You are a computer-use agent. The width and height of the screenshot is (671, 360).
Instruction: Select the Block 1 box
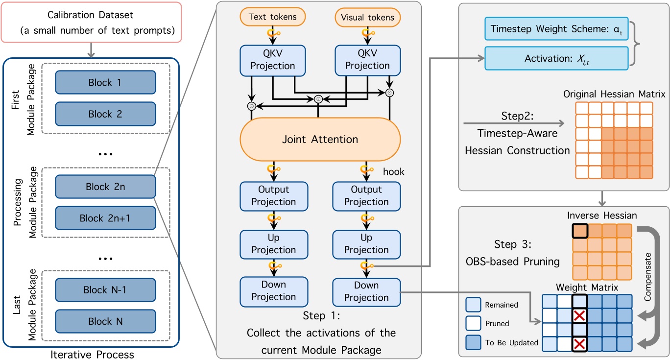coord(105,83)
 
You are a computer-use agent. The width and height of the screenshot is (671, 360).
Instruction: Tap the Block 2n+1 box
coord(105,218)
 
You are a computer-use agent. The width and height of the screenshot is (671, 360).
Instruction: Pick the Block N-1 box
coord(105,290)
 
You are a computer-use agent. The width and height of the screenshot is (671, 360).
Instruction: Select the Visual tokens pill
coord(368,17)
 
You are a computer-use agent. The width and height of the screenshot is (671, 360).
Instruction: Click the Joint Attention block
coord(319,139)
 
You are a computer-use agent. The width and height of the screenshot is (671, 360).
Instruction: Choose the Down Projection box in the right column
coord(366,291)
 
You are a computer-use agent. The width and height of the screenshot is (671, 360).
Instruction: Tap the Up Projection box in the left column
coord(273,243)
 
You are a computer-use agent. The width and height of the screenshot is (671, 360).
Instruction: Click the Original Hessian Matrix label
coord(614,94)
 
